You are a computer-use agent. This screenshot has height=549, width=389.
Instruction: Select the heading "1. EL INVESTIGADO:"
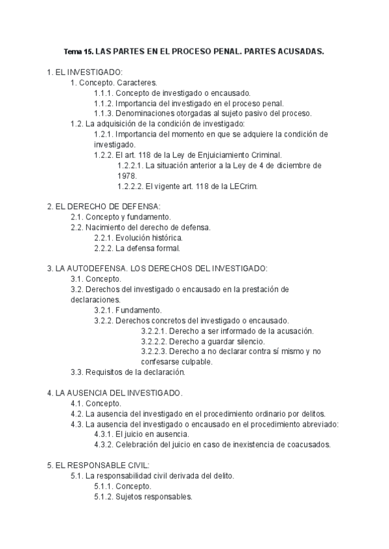click(x=85, y=73)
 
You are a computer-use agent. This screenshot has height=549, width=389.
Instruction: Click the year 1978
click(x=126, y=175)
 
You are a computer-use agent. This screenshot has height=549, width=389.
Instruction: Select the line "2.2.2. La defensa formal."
click(x=137, y=248)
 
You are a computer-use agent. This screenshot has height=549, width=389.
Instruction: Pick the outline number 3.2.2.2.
click(x=154, y=341)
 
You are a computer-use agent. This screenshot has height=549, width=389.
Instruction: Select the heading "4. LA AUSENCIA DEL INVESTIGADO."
click(x=115, y=392)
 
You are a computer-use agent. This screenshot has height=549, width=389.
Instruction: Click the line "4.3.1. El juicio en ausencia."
click(x=141, y=434)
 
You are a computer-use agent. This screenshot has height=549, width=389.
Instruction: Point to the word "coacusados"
click(x=309, y=444)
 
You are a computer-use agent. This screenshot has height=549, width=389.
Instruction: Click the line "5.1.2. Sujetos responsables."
click(x=143, y=497)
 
